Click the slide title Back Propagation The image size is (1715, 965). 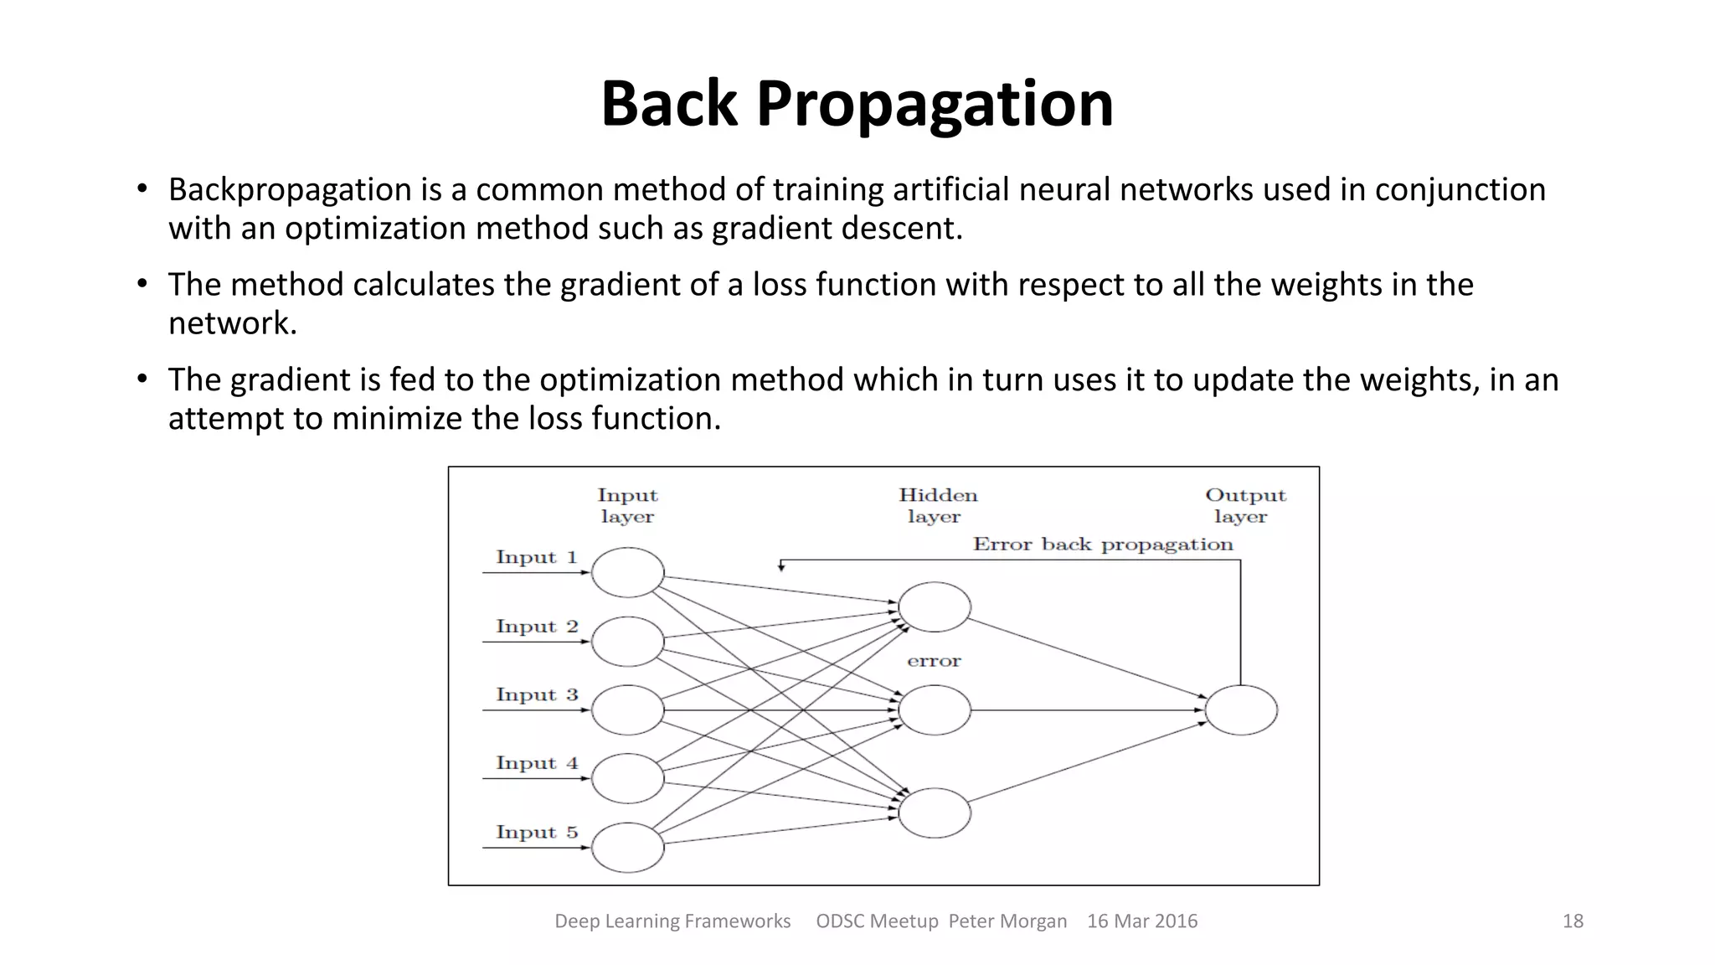point(857,104)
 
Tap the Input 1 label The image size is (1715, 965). point(537,557)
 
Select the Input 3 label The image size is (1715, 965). point(537,694)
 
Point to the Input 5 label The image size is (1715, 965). point(537,832)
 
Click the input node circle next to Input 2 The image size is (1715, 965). point(627,642)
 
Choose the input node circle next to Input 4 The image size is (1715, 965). point(627,778)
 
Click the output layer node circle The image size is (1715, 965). point(1241,710)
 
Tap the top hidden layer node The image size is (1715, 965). point(935,607)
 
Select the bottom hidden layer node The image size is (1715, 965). point(935,813)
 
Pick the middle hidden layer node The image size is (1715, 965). point(935,710)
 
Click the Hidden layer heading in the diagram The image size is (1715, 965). point(937,506)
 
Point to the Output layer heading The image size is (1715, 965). point(1244,506)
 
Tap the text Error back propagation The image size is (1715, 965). point(1103,544)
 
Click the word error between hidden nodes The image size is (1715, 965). point(934,661)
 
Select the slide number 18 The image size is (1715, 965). point(1573,921)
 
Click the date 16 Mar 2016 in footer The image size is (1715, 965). point(1142,921)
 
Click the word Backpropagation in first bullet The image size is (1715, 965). point(290,190)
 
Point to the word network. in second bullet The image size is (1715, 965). point(233,323)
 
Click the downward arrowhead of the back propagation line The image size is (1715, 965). point(780,568)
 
